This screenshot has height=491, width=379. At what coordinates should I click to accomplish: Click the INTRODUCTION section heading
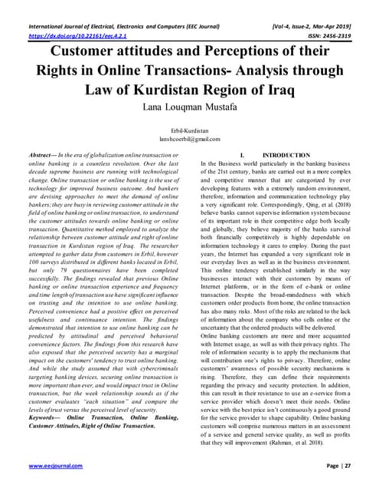[284, 156]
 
